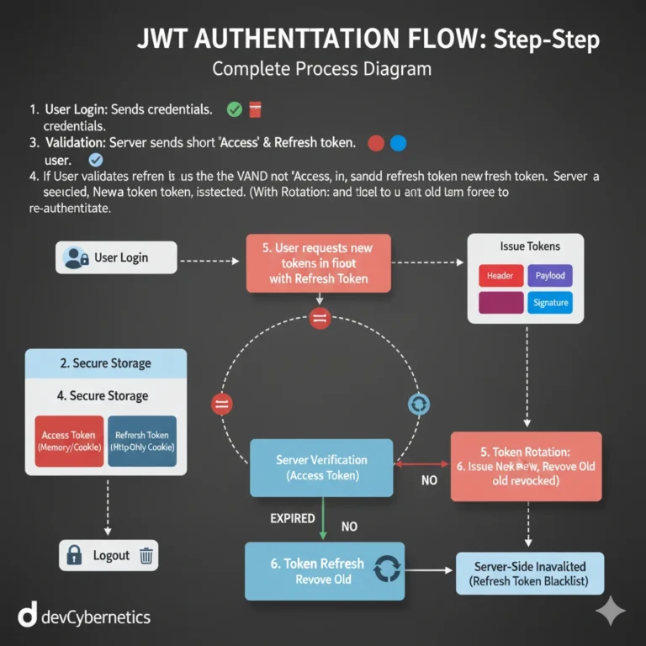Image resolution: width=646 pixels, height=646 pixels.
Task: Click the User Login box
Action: (116, 257)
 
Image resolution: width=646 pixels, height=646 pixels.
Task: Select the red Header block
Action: (500, 276)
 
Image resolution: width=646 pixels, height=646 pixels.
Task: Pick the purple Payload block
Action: (550, 276)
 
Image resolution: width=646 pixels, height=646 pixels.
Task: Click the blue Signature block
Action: (550, 303)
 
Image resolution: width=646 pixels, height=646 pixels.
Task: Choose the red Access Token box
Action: (69, 441)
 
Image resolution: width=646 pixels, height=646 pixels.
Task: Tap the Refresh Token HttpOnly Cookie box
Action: (142, 441)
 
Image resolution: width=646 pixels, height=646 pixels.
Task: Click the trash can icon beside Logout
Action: (146, 555)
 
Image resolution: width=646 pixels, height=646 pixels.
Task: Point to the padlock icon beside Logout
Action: (74, 555)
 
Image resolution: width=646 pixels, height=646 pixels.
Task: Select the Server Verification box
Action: (321, 467)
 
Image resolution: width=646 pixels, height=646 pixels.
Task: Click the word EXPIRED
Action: (293, 518)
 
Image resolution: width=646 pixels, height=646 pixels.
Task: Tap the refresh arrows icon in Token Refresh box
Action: (387, 570)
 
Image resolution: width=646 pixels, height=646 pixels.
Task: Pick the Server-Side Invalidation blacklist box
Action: (528, 573)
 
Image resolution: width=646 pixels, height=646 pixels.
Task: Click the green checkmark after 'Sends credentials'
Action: (235, 109)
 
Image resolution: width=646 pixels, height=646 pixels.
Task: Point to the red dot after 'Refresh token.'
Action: (376, 143)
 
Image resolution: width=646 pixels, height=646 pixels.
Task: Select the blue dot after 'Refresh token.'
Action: (398, 143)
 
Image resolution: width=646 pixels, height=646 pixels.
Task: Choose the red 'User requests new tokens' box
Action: (319, 263)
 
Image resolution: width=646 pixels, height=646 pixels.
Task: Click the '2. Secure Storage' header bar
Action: (106, 363)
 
